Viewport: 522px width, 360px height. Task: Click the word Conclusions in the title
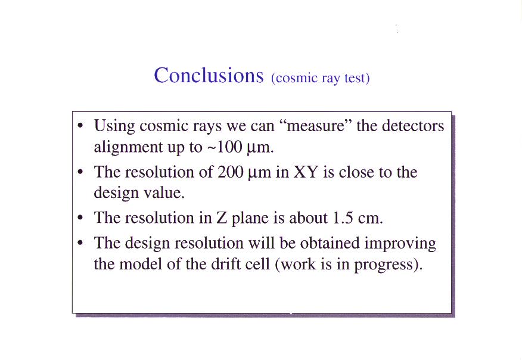(x=209, y=75)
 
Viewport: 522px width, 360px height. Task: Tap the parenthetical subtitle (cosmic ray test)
(x=320, y=78)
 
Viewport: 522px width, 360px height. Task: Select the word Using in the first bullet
(x=114, y=126)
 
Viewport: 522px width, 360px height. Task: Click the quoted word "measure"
(x=314, y=126)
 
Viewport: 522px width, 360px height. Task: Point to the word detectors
(x=413, y=126)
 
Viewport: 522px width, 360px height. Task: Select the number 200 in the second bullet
(x=231, y=172)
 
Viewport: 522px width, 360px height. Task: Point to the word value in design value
(x=164, y=193)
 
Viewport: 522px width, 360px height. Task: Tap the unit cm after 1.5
(x=371, y=219)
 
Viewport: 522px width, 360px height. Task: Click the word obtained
(x=330, y=243)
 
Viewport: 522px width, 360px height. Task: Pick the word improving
(x=400, y=244)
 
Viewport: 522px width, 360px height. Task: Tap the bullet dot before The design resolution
(x=80, y=243)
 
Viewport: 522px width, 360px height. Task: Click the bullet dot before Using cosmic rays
(x=80, y=126)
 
